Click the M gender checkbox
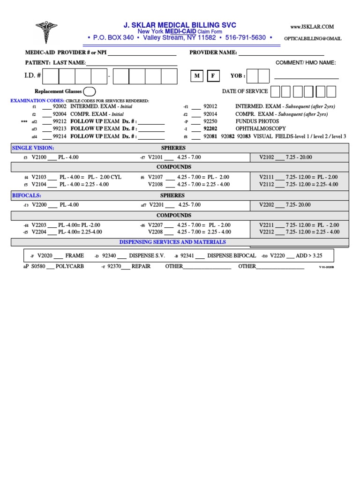pyautogui.click(x=197, y=76)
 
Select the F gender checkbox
pyautogui.click(x=212, y=76)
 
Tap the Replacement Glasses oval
pyautogui.click(x=90, y=91)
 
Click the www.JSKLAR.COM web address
pyautogui.click(x=312, y=27)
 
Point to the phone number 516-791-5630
pyautogui.click(x=245, y=37)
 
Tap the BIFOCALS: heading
pyautogui.click(x=26, y=195)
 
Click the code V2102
pyautogui.click(x=267, y=157)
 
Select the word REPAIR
pyautogui.click(x=141, y=266)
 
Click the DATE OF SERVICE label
pyautogui.click(x=245, y=91)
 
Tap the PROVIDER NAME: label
pyautogui.click(x=213, y=52)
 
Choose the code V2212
pyautogui.click(x=267, y=232)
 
